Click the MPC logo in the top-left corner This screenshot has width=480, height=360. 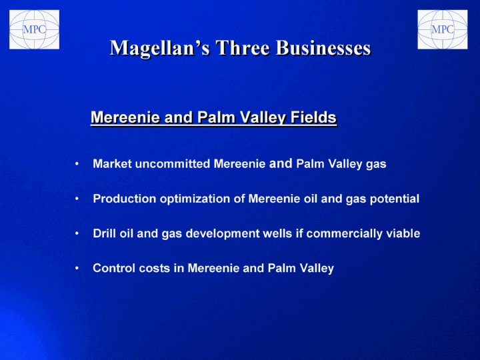(x=34, y=29)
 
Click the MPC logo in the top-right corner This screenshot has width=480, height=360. (x=443, y=29)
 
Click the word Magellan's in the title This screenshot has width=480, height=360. (x=160, y=48)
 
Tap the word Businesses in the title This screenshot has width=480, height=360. (x=323, y=47)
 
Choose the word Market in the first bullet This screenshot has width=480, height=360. (x=113, y=164)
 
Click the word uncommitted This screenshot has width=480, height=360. (x=173, y=164)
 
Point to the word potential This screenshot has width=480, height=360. (x=395, y=199)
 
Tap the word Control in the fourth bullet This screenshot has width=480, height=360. (x=114, y=268)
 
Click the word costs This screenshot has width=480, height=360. (x=155, y=269)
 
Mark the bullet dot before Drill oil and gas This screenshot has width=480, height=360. (x=77, y=233)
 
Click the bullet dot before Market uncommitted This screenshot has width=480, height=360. (x=77, y=164)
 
